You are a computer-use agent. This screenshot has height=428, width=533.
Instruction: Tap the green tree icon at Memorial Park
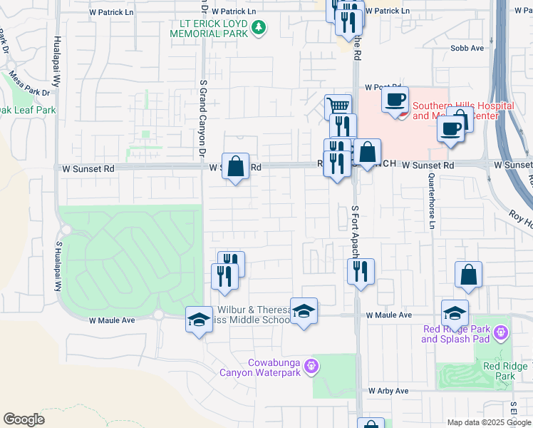tap(259, 28)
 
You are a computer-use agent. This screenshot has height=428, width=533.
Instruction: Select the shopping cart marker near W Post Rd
tap(338, 107)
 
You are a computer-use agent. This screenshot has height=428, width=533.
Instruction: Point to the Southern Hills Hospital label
tap(462, 111)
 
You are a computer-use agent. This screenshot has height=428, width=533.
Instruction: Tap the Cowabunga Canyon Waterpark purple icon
tap(311, 367)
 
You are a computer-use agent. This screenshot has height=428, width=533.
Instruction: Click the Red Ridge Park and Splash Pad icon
tap(501, 332)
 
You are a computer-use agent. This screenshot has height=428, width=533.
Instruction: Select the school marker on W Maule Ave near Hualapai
tap(199, 319)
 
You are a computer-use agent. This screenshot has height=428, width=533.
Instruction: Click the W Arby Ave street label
tap(388, 391)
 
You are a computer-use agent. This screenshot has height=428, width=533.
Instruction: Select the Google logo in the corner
tap(24, 419)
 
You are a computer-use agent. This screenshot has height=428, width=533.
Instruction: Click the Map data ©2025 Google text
tap(490, 422)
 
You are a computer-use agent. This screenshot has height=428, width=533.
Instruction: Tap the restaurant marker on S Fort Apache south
tap(361, 271)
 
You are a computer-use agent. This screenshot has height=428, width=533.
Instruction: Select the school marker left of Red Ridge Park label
tap(455, 313)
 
